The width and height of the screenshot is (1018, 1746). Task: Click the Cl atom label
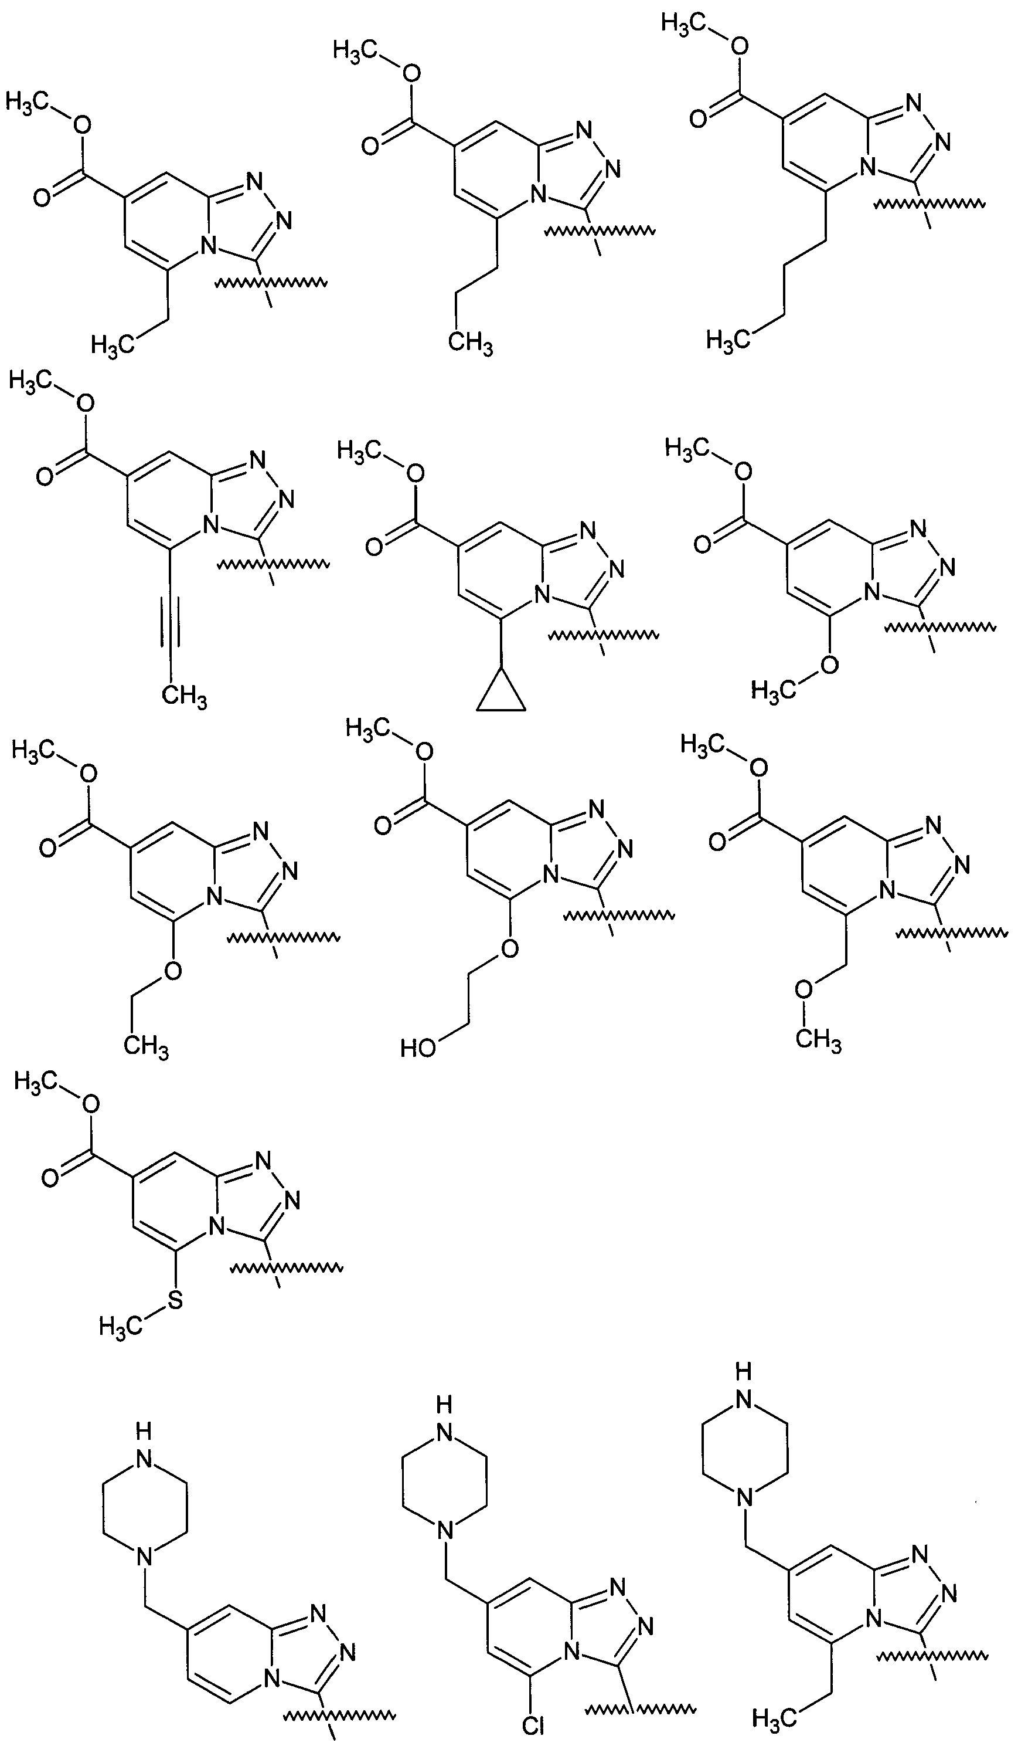(x=533, y=1726)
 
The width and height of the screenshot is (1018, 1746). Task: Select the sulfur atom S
(x=175, y=1300)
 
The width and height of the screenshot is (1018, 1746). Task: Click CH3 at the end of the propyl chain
(x=470, y=344)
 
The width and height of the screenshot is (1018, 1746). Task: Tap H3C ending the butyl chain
(x=728, y=340)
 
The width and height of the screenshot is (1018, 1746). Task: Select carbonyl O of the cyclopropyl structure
(x=374, y=547)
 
